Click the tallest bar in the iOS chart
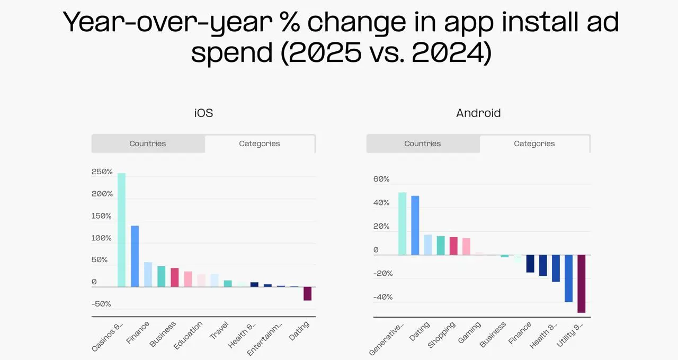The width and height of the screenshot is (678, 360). (121, 230)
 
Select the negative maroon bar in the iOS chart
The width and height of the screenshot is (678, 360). (307, 294)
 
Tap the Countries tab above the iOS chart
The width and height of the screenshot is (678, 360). (148, 143)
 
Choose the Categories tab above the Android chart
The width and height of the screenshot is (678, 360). (534, 143)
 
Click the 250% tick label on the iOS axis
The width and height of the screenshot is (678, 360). (102, 172)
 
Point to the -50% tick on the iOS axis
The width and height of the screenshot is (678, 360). (102, 304)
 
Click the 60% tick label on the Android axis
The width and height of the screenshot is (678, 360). (381, 179)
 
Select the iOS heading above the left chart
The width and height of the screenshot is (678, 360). (203, 113)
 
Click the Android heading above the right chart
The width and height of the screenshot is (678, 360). (478, 113)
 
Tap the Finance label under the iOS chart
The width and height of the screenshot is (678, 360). (138, 332)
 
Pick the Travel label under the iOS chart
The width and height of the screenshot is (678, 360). (219, 330)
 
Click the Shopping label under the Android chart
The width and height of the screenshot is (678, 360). (442, 335)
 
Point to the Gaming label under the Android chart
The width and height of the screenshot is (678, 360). (469, 332)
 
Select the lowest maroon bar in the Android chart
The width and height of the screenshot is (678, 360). (581, 284)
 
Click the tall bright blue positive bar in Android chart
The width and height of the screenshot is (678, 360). (415, 226)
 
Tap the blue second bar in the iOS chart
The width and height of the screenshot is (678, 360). (135, 256)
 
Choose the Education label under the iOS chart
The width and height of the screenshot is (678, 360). (189, 335)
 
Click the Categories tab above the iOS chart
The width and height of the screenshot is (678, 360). (260, 143)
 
